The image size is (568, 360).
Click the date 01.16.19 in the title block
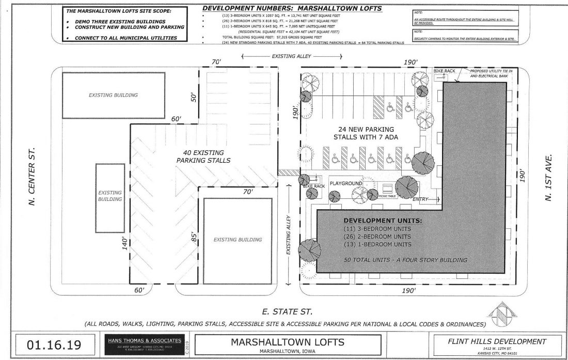(x=49, y=342)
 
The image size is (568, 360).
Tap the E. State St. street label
(x=285, y=312)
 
